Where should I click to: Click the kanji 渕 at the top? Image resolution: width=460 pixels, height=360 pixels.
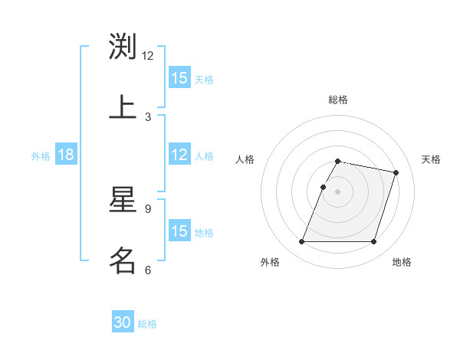pyautogui.click(x=123, y=46)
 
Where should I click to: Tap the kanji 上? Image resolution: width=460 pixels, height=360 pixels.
pyautogui.click(x=123, y=106)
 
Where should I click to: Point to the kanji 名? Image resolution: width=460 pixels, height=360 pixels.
pyautogui.click(x=123, y=260)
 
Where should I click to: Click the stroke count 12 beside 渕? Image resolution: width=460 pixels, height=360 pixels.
pyautogui.click(x=148, y=56)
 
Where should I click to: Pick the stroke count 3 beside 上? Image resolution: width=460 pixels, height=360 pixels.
pyautogui.click(x=148, y=116)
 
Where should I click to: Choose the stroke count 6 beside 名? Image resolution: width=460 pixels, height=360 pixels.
pyautogui.click(x=148, y=270)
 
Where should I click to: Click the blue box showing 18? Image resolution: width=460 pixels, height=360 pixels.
pyautogui.click(x=66, y=155)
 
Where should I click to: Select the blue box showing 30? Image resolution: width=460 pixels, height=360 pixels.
pyautogui.click(x=123, y=323)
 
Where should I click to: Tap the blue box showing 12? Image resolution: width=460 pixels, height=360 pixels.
pyautogui.click(x=179, y=155)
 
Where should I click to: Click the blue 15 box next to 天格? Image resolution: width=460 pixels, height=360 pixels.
pyautogui.click(x=179, y=78)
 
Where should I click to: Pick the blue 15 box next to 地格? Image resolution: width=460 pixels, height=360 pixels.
pyautogui.click(x=179, y=231)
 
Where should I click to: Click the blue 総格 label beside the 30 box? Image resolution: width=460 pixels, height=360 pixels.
pyautogui.click(x=147, y=324)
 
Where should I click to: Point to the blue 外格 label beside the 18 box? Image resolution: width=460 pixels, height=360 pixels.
pyautogui.click(x=41, y=156)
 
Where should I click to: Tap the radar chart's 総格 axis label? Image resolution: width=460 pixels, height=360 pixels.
pyautogui.click(x=338, y=100)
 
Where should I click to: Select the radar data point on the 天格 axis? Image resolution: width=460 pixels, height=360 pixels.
pyautogui.click(x=396, y=173)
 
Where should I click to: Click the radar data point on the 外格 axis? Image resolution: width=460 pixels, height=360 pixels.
pyautogui.click(x=302, y=242)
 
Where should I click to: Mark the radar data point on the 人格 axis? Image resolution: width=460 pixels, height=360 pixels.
pyautogui.click(x=324, y=187)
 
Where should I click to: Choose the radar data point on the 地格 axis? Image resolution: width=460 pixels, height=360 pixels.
pyautogui.click(x=373, y=242)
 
